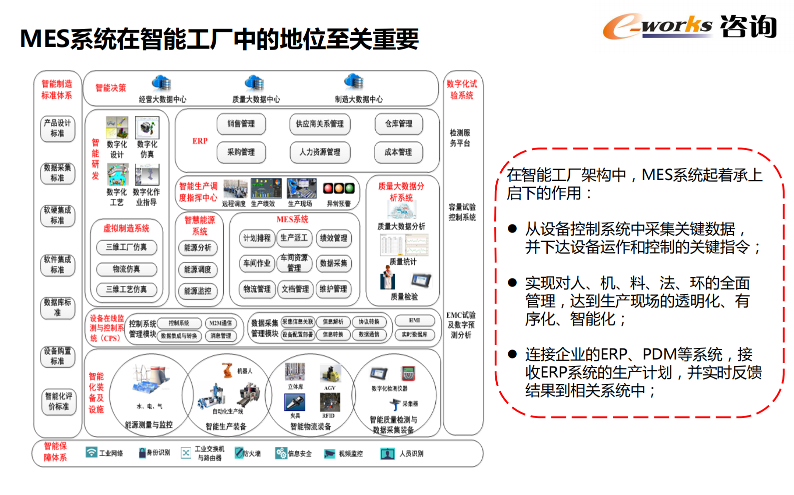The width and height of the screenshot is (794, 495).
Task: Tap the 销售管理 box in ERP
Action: point(241,124)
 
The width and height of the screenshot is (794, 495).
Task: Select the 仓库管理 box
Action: point(399,124)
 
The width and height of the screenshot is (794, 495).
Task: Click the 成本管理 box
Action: point(398,152)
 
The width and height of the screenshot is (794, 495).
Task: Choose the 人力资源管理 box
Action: point(320,152)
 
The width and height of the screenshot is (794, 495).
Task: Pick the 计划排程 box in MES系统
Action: point(257,238)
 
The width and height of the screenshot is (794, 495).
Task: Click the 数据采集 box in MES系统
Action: point(334,263)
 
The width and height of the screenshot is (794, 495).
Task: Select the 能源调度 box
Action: point(198,269)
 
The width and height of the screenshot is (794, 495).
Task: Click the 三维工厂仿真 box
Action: point(127,247)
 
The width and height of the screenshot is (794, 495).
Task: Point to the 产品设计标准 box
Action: point(58,128)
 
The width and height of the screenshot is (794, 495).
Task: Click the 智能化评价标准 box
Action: point(59,401)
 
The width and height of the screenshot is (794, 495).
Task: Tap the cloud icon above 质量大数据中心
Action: point(254,82)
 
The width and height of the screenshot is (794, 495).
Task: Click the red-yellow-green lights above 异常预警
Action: point(339,188)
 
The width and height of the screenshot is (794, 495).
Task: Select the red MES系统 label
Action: point(293,219)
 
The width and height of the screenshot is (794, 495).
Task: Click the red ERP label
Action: point(200,141)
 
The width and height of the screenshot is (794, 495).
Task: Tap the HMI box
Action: point(414,320)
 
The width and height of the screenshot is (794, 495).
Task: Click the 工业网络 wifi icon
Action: point(91,452)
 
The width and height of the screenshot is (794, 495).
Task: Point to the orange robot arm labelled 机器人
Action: point(227,369)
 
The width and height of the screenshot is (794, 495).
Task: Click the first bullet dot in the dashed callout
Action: point(512,229)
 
